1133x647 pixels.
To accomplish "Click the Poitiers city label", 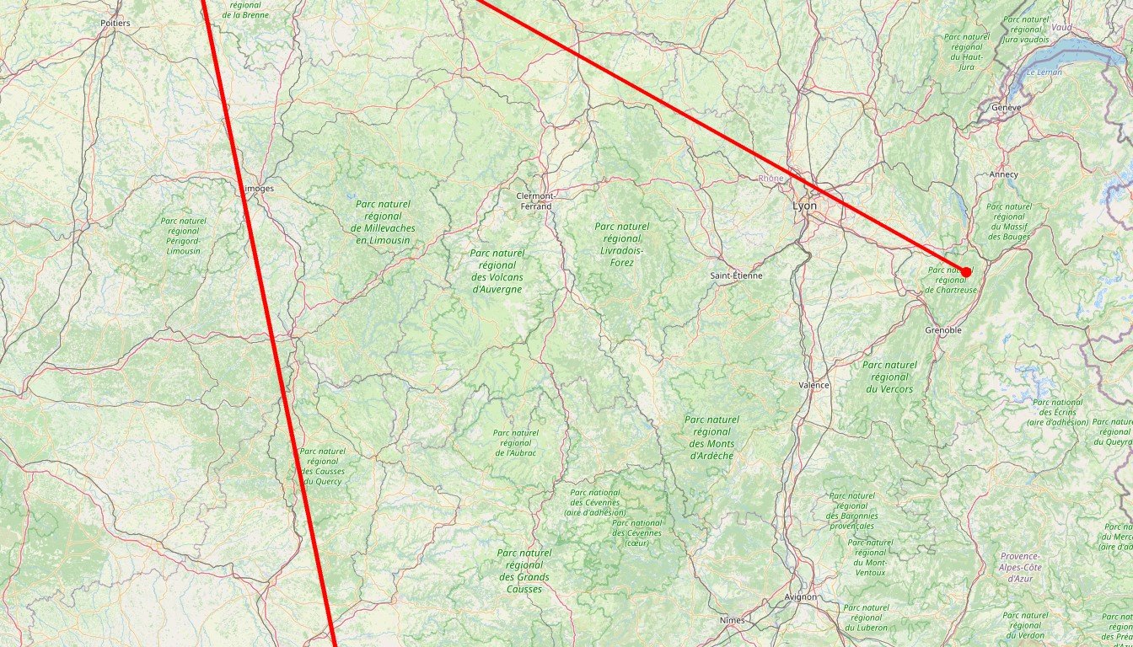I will point(115,23).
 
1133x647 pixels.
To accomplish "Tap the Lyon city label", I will point(804,206).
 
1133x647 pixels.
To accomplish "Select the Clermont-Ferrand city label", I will point(534,201).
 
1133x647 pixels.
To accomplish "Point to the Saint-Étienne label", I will point(736,275).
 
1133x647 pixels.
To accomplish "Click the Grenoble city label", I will point(942,330).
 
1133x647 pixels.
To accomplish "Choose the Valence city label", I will point(814,385).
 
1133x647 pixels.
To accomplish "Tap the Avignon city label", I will point(800,596).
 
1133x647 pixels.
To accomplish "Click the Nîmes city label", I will point(732,620).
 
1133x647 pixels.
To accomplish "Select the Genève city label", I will point(1007,108).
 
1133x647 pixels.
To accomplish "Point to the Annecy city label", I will point(1003,174).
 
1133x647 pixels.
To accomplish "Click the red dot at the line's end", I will point(966,272).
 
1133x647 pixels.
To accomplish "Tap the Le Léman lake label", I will point(1043,73).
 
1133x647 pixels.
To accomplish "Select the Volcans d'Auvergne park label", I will point(497,270).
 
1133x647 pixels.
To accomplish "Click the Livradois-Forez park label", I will point(621,244).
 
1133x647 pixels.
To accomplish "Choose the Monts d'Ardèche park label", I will point(711,437).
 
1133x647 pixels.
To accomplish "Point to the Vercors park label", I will point(889,377).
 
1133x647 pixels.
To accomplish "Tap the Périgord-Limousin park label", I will point(183,236).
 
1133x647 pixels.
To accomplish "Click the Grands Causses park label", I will point(524,570).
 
